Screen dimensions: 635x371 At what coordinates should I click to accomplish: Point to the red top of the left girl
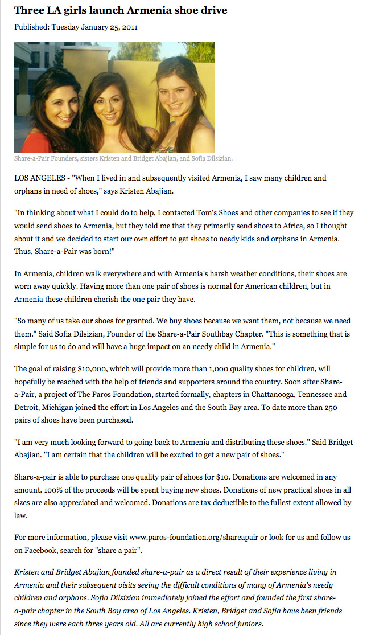(31, 142)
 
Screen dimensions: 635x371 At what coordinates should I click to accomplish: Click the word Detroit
(27, 407)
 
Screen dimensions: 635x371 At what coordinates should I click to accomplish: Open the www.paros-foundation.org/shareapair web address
(193, 537)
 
